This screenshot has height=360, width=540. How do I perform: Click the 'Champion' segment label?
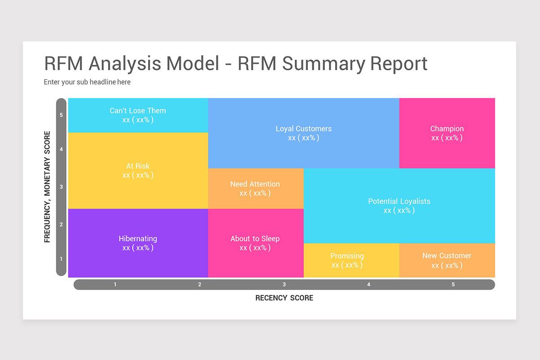447,129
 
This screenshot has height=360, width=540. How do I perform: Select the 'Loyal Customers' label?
304,129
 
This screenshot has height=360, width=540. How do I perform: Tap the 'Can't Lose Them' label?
138,111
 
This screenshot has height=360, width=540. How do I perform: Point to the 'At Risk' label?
138,166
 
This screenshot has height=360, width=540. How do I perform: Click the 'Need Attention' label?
255,184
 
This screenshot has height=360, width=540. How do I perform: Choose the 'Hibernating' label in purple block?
138,238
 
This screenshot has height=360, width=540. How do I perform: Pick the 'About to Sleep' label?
255,238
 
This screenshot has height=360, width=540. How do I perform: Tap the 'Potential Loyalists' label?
399,201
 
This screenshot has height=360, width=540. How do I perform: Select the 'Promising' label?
347,256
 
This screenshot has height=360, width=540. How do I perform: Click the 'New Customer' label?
447,256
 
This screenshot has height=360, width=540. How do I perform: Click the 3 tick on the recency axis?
284,284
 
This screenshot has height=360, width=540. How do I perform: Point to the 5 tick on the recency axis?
453,284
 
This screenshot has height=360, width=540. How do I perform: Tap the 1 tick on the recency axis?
115,284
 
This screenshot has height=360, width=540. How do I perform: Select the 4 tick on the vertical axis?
61,149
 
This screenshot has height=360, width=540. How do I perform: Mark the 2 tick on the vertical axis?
61,225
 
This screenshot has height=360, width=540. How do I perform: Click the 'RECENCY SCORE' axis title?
284,298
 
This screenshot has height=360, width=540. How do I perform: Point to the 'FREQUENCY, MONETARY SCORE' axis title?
47,187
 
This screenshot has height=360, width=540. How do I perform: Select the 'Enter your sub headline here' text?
87,82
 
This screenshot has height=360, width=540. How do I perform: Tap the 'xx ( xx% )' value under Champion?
447,138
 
